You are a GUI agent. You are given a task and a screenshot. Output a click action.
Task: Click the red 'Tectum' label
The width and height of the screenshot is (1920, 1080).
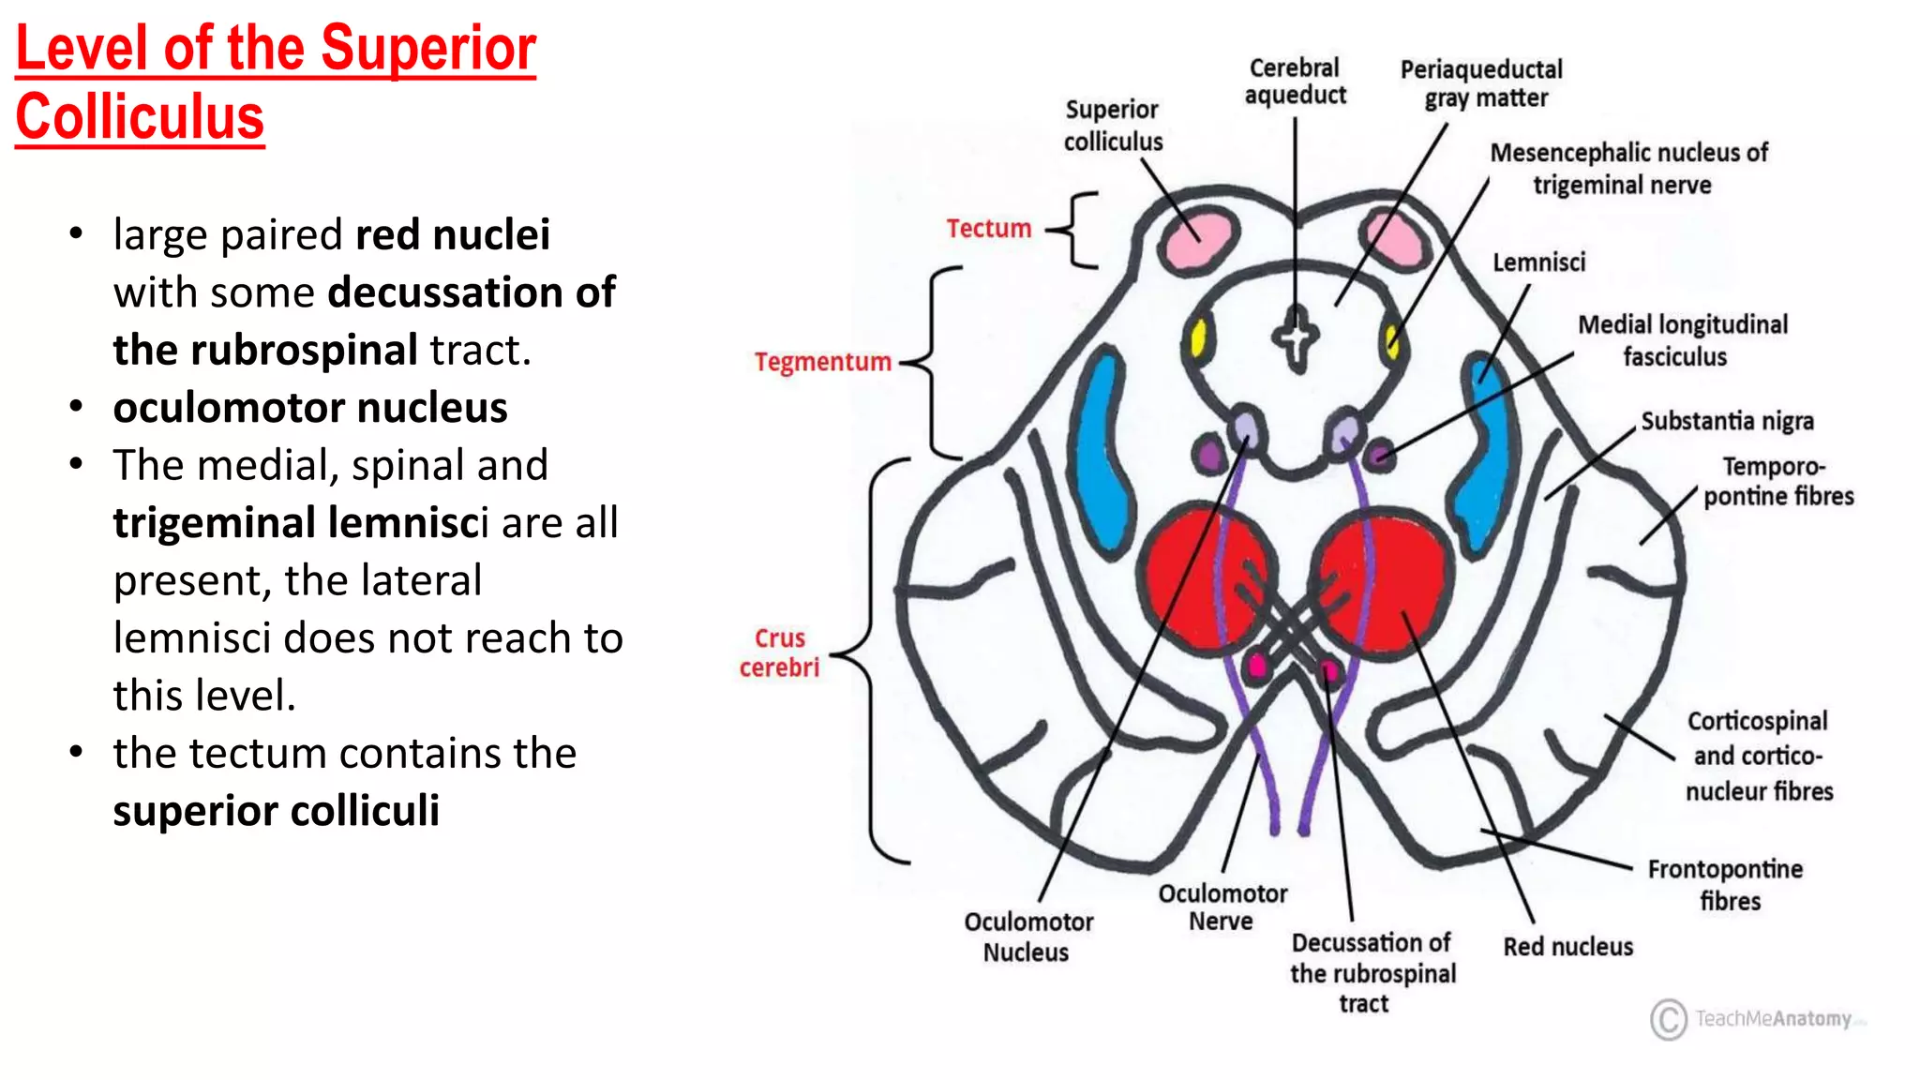tap(988, 229)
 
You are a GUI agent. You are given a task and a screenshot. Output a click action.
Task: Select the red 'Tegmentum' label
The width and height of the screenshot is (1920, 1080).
tap(822, 362)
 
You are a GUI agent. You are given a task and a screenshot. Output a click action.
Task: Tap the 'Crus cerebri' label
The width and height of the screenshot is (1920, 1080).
tap(779, 652)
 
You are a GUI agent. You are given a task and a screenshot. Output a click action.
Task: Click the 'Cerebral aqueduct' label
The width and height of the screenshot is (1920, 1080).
tap(1295, 82)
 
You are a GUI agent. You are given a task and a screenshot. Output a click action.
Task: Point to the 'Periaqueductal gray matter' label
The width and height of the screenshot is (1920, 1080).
tap(1482, 83)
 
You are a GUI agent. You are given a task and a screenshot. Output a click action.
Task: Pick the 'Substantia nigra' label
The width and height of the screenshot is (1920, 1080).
tap(1727, 422)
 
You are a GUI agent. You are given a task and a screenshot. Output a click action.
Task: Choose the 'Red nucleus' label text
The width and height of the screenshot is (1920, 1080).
tap(1567, 947)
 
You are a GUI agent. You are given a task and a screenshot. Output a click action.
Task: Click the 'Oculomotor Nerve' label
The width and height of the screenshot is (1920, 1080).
tap(1222, 907)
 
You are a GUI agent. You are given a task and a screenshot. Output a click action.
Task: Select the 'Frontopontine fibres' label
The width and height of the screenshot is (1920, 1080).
tap(1726, 885)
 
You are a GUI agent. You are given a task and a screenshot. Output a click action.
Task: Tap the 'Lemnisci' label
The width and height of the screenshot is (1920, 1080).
tap(1538, 262)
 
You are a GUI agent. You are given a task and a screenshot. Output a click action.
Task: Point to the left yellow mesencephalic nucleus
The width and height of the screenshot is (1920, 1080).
tap(1198, 338)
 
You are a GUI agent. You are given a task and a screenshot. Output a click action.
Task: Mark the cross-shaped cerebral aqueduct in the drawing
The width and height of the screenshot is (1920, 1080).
tap(1296, 337)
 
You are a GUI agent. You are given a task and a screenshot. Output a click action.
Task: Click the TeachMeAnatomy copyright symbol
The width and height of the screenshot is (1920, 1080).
tap(1668, 1019)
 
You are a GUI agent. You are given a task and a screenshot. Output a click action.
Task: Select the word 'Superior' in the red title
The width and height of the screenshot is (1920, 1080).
tap(428, 49)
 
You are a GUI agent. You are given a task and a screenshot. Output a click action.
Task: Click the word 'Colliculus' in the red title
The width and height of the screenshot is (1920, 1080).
tap(141, 118)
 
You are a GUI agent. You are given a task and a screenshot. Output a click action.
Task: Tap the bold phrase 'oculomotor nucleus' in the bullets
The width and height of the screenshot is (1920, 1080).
tap(310, 408)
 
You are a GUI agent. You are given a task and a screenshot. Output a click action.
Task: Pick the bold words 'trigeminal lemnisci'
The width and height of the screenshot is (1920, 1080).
tap(301, 523)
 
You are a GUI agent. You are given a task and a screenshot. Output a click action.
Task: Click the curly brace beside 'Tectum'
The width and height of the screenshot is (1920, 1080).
tap(1075, 231)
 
